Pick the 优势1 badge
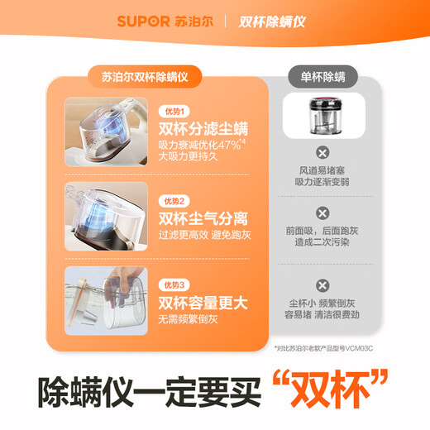coord(177,111)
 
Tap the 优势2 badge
coord(177,201)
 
